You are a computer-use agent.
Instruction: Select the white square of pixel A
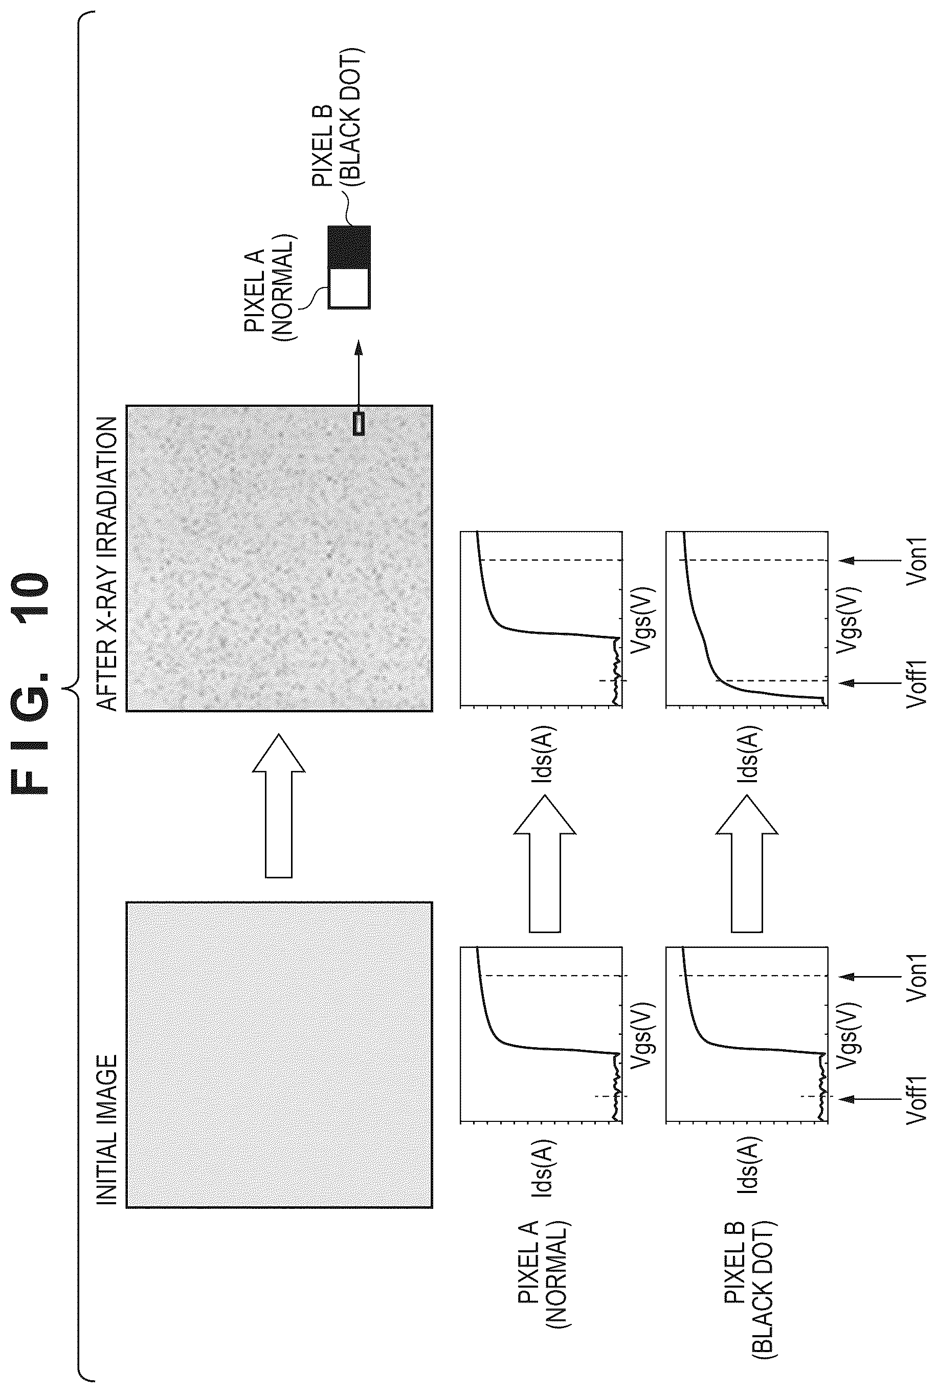[x=349, y=289]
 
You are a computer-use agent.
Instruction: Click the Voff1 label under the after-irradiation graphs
[x=916, y=683]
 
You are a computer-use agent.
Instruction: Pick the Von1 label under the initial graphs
[x=916, y=977]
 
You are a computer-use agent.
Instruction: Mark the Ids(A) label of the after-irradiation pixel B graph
[x=748, y=754]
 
